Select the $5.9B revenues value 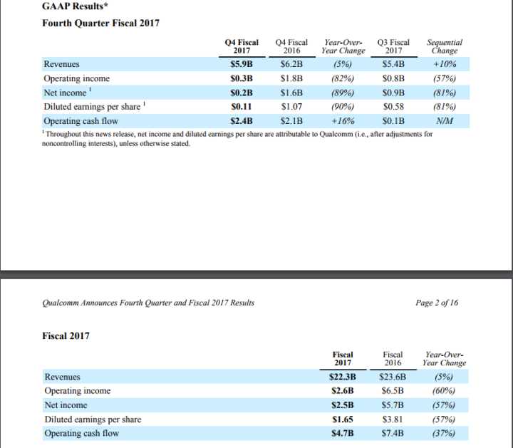click(x=242, y=63)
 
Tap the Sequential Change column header click(x=444, y=46)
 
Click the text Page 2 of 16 click(x=437, y=303)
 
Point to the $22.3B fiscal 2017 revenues click(x=343, y=377)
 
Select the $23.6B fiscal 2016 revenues click(x=393, y=377)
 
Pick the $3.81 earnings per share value click(x=393, y=420)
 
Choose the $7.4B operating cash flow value click(x=393, y=434)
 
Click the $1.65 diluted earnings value click(x=343, y=420)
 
